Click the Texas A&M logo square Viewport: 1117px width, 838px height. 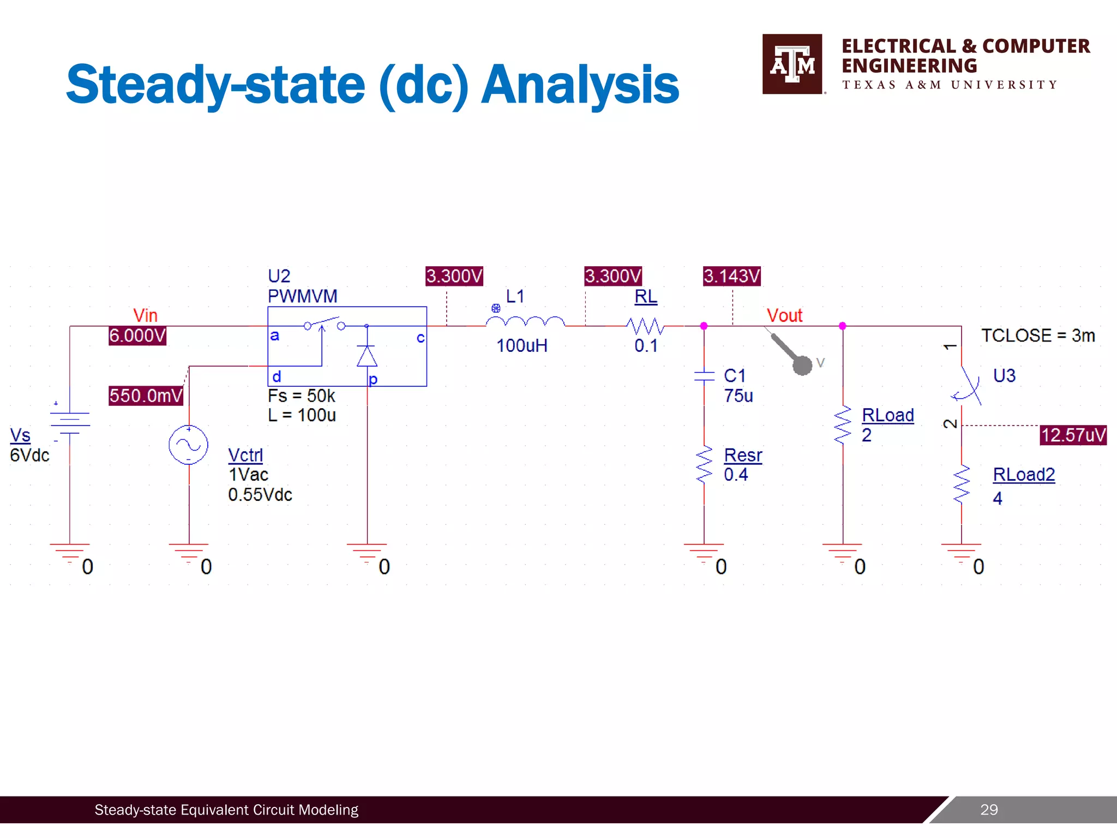pyautogui.click(x=792, y=64)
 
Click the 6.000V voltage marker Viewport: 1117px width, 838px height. pyautogui.click(x=137, y=336)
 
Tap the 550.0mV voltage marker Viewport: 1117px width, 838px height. pyautogui.click(x=146, y=396)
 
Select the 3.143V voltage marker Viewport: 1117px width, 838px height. pyautogui.click(x=731, y=276)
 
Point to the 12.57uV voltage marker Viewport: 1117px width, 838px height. pyautogui.click(x=1073, y=435)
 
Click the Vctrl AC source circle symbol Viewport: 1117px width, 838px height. pyautogui.click(x=188, y=445)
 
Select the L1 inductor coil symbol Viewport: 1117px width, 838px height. pyautogui.click(x=525, y=322)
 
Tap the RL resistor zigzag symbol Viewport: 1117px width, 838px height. pyautogui.click(x=645, y=326)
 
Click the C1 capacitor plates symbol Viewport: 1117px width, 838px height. pyautogui.click(x=704, y=375)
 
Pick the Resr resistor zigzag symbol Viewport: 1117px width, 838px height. pyautogui.click(x=704, y=465)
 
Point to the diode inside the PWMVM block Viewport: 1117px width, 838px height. pyautogui.click(x=367, y=356)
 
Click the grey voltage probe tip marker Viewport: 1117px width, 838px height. pyautogui.click(x=802, y=365)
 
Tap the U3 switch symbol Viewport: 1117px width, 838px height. pyautogui.click(x=966, y=385)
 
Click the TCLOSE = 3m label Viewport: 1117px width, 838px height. pyautogui.click(x=1037, y=336)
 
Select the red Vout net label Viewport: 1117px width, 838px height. pyautogui.click(x=784, y=315)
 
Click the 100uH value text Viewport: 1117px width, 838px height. pyautogui.click(x=521, y=346)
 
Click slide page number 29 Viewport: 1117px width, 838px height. pyautogui.click(x=988, y=810)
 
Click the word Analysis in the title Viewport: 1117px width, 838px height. pyautogui.click(x=579, y=85)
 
